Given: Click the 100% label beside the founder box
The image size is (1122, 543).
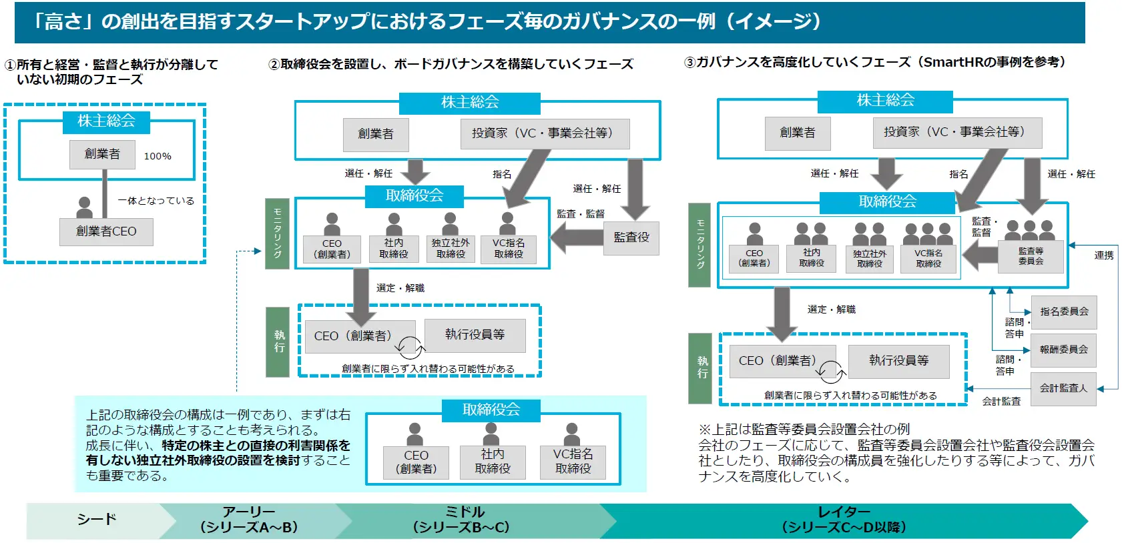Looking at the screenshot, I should (158, 156).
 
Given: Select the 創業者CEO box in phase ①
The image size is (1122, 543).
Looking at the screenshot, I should (106, 231).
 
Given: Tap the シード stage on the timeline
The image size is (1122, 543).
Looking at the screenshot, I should (97, 520).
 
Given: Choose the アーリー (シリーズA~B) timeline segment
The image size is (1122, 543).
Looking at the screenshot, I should (249, 520).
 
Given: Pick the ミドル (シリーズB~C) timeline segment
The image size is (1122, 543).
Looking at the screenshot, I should (461, 520).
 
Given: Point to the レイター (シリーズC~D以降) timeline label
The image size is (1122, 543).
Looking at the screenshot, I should (844, 520).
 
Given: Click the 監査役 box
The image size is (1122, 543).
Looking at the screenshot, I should (631, 237).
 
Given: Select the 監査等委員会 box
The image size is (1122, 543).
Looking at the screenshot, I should (1031, 256).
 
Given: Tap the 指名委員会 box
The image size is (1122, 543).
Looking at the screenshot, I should (1064, 312).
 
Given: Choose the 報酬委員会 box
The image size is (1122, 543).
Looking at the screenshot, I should (1064, 350).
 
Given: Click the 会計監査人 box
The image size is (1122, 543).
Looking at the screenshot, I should (1063, 388).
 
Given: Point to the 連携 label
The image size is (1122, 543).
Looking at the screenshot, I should (1104, 255).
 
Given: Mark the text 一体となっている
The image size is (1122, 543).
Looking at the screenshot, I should (156, 201).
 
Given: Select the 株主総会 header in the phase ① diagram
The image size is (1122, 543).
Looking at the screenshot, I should (106, 121).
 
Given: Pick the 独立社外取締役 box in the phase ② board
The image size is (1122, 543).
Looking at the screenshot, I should (451, 249).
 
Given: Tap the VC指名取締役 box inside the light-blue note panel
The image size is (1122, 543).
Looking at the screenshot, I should (573, 462).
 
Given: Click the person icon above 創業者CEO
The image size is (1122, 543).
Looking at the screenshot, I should (85, 207).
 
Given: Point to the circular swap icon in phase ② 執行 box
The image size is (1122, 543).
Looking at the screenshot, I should (409, 347).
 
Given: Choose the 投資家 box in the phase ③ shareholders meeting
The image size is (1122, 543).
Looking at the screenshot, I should (957, 133).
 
